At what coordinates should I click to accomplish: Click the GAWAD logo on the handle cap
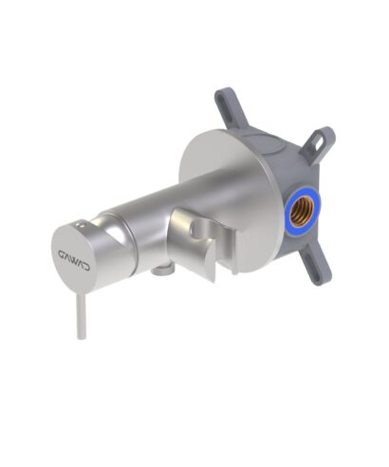(74, 258)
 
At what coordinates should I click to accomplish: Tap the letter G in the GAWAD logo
(62, 254)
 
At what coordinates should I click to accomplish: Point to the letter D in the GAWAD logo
(86, 268)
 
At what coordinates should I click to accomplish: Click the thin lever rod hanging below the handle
(82, 317)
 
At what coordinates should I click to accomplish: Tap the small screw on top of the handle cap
(82, 225)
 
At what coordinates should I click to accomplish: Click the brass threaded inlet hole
(302, 210)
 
